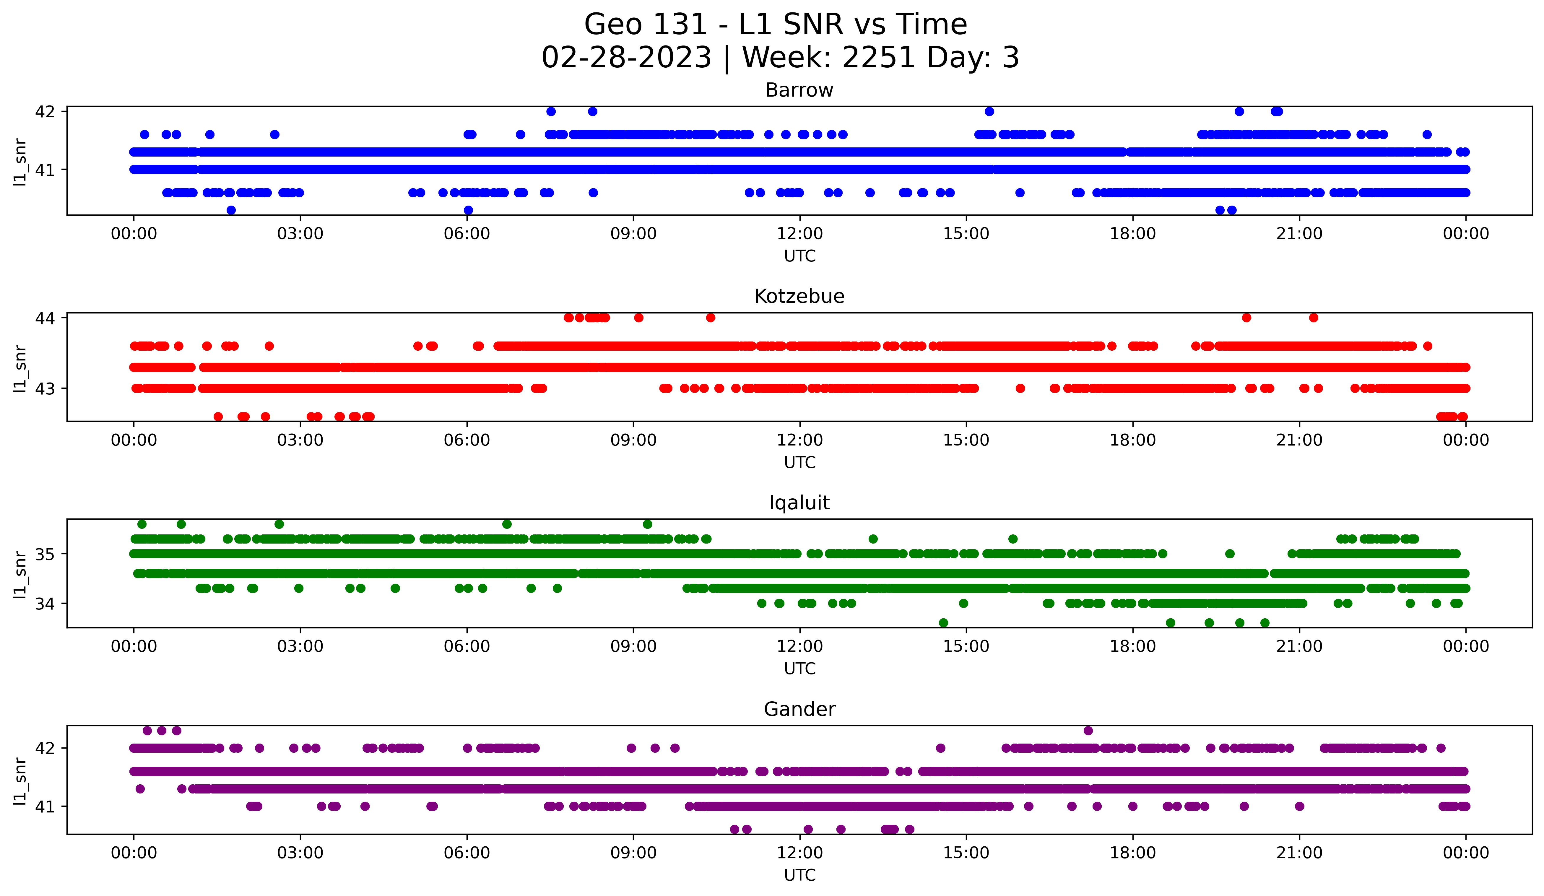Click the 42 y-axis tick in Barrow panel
(45, 111)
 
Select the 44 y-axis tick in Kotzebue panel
(45, 318)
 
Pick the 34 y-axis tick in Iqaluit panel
(45, 604)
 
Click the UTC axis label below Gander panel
(799, 875)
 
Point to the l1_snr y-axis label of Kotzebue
(19, 367)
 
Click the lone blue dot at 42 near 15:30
(989, 111)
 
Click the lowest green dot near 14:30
(944, 623)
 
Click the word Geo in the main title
(610, 25)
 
